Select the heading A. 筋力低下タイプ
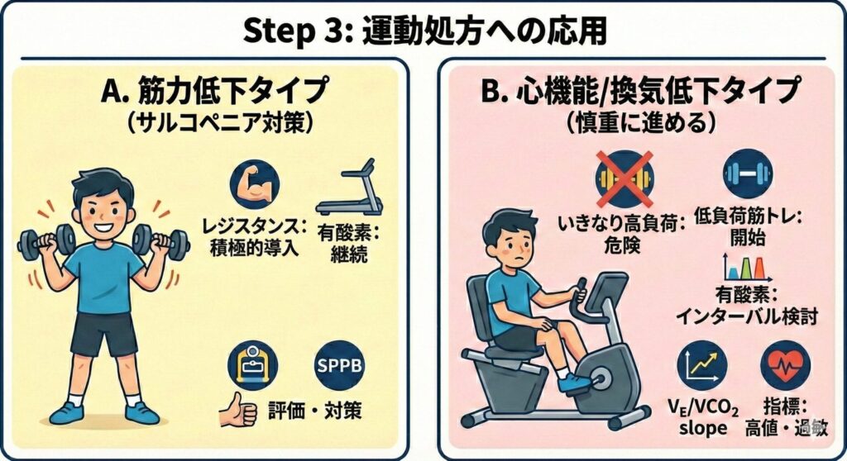pyautogui.click(x=214, y=91)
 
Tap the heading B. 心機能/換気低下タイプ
pyautogui.click(x=639, y=91)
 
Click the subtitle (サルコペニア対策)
pyautogui.click(x=219, y=123)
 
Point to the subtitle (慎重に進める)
pyautogui.click(x=641, y=123)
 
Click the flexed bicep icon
pyautogui.click(x=255, y=184)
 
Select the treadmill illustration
pyautogui.click(x=350, y=186)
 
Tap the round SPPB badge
pyautogui.click(x=339, y=365)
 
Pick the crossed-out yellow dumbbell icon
pyautogui.click(x=624, y=179)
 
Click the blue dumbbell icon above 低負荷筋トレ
pyautogui.click(x=748, y=173)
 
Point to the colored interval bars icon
pyautogui.click(x=746, y=268)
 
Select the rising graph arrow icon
pyautogui.click(x=701, y=365)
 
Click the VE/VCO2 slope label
pyautogui.click(x=703, y=417)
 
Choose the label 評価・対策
pyautogui.click(x=315, y=411)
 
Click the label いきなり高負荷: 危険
pyautogui.click(x=621, y=234)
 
